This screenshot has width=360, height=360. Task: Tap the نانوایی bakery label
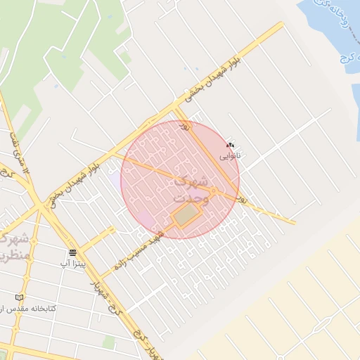click(x=230, y=155)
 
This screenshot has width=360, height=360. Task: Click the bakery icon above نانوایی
click(x=231, y=146)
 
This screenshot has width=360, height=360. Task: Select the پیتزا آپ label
click(x=72, y=262)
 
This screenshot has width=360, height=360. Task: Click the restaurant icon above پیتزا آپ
click(x=73, y=252)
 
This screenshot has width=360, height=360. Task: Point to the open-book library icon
click(x=19, y=298)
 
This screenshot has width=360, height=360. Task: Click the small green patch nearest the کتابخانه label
click(x=109, y=342)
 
